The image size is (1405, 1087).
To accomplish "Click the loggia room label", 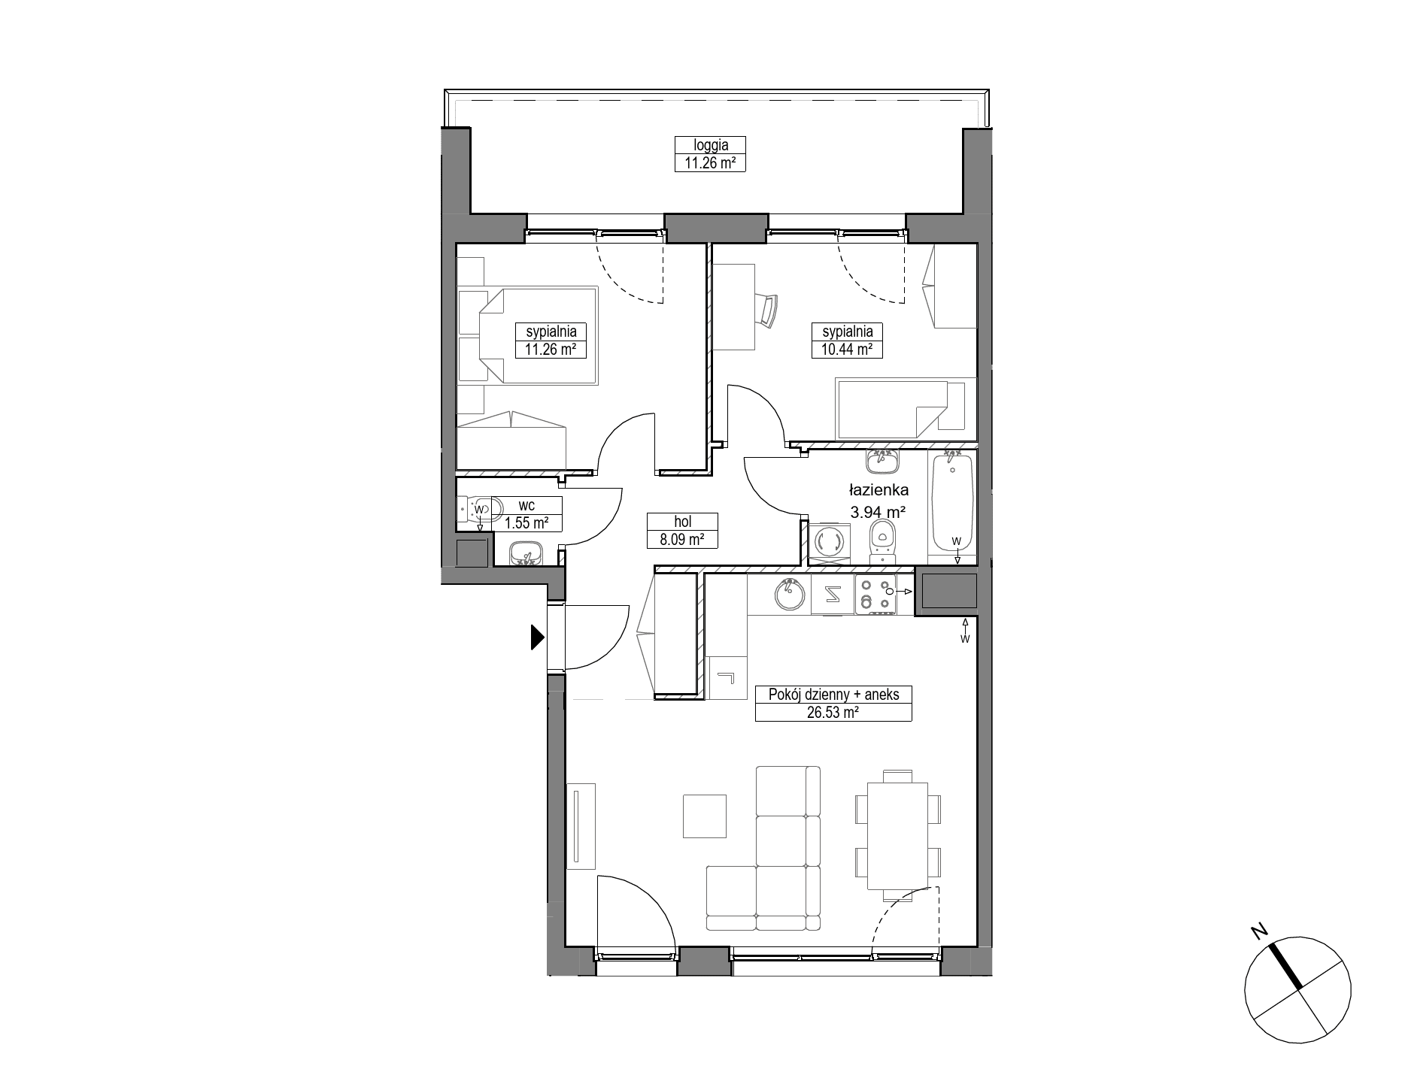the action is pos(709,145).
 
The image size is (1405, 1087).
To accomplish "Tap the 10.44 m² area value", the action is pos(847,349).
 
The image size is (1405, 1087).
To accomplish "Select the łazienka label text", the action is pos(879,490).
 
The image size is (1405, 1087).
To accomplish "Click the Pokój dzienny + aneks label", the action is pos(833,695).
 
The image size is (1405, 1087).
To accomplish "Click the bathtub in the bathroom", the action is pos(952,504).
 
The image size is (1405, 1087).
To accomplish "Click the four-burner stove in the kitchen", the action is pos(875,595).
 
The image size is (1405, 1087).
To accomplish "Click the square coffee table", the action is pos(705,816).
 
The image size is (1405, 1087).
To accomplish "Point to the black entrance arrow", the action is pos(537,637).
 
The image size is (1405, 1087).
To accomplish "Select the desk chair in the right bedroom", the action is pos(769,310).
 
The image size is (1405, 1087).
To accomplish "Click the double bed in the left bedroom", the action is pos(527,335).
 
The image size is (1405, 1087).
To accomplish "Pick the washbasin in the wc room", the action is pos(526,553).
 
